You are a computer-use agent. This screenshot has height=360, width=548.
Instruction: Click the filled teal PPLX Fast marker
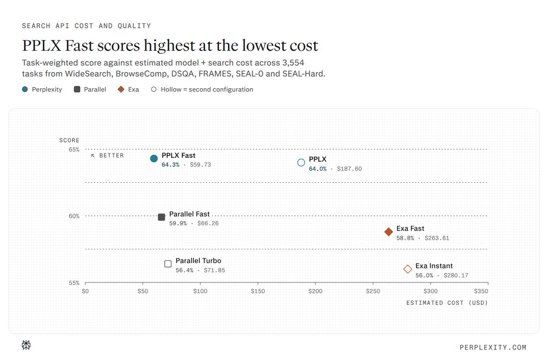pos(154,159)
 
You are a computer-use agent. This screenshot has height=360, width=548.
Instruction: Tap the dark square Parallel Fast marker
pos(162,217)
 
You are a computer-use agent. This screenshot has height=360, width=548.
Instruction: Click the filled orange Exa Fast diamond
pos(389,232)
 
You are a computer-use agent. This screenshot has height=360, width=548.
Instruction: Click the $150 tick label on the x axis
pos(258,291)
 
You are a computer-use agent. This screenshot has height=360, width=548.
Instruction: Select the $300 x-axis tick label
pos(431,291)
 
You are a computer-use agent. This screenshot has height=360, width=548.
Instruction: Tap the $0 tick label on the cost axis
pos(85,291)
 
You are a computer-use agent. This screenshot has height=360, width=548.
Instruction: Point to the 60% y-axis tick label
pos(74,216)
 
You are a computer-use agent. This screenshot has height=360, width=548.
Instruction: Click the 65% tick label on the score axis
pos(74,149)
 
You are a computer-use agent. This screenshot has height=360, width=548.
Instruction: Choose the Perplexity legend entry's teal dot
pos(25,90)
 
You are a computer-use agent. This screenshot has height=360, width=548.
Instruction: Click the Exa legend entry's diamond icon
pos(121,90)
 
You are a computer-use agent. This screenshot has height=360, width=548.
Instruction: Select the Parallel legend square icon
pos(77,90)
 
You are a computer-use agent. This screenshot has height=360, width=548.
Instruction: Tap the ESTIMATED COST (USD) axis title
pos(447,303)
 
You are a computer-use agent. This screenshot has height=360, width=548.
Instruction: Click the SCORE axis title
pos(69,140)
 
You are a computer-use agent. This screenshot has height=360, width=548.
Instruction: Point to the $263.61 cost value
pos(437,238)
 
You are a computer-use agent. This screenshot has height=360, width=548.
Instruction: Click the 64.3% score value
pos(170,165)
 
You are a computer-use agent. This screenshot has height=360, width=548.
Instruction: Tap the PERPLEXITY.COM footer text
pos(493,348)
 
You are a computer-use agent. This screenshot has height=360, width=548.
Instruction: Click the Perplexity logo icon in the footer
pos(26,345)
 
